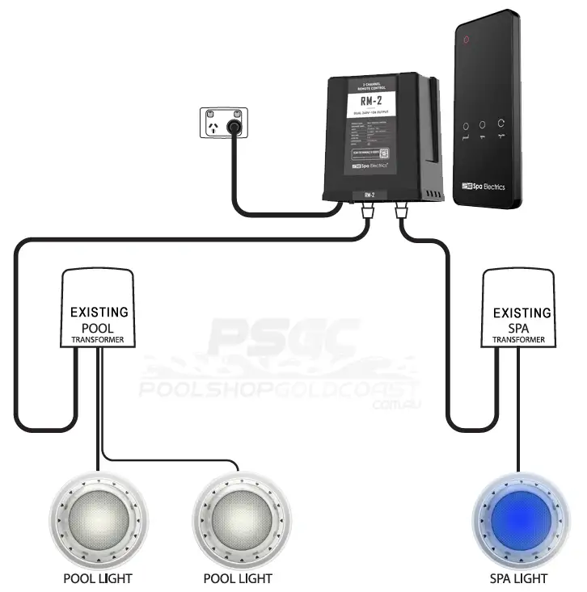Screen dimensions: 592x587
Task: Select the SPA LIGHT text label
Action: click(518, 578)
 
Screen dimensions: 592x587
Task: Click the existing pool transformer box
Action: click(99, 308)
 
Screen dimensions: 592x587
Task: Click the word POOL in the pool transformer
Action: click(98, 327)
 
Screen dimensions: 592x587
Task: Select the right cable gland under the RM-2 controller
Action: click(400, 212)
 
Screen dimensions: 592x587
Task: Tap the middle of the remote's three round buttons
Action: click(483, 125)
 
